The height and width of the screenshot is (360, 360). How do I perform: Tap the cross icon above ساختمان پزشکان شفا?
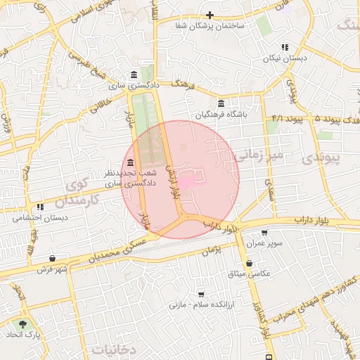210,15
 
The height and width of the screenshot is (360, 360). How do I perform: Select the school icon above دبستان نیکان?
285,47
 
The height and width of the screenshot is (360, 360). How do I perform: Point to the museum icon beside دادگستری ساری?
134,75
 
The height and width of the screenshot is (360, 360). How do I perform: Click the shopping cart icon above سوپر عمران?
264,233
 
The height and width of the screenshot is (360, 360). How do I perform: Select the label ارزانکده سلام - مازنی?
201,305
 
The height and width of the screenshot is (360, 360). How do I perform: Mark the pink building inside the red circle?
188,181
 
